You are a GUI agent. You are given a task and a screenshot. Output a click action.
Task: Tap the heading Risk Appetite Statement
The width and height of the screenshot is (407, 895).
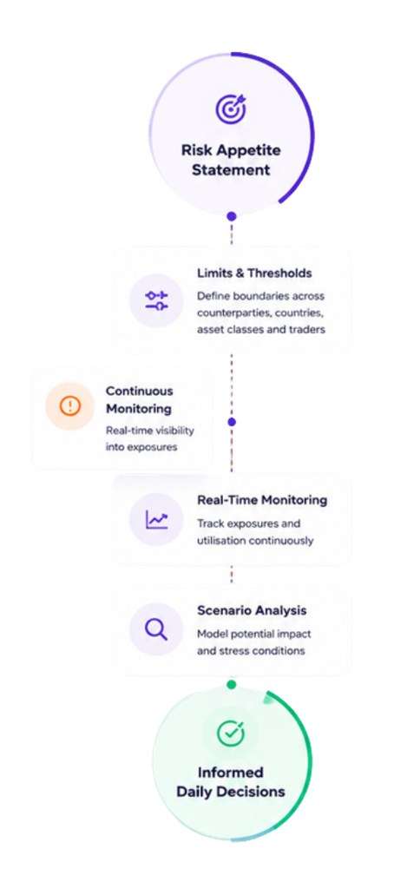point(231,161)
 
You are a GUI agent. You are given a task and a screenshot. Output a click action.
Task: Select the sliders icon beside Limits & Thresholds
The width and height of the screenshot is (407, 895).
point(156,300)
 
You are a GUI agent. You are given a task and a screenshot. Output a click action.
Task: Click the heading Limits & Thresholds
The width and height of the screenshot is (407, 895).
point(254,273)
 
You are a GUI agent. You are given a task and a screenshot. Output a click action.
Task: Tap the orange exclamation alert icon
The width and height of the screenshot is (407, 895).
point(69,406)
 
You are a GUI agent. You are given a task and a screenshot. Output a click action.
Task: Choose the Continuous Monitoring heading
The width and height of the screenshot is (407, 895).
point(139,400)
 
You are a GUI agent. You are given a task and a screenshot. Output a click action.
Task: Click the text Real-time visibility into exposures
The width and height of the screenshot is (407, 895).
point(149,438)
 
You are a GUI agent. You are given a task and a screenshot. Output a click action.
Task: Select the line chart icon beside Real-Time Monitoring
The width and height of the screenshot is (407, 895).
point(156,520)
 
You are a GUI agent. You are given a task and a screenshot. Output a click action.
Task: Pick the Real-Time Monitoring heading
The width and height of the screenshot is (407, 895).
point(262,500)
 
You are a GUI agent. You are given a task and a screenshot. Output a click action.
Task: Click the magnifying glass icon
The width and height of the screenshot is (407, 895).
point(156,629)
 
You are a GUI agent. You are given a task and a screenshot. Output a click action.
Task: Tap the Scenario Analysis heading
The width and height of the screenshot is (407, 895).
point(252,610)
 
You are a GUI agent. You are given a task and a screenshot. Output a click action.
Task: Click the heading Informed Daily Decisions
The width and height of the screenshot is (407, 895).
point(231,782)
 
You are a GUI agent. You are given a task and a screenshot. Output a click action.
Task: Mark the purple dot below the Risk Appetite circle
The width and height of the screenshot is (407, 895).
point(231,216)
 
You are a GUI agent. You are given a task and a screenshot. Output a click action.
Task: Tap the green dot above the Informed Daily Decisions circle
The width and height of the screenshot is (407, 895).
point(231,684)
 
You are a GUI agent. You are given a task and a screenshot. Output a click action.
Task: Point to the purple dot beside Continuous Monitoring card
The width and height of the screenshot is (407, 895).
point(232,423)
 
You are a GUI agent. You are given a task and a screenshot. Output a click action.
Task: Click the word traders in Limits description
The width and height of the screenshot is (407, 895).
point(310,329)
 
